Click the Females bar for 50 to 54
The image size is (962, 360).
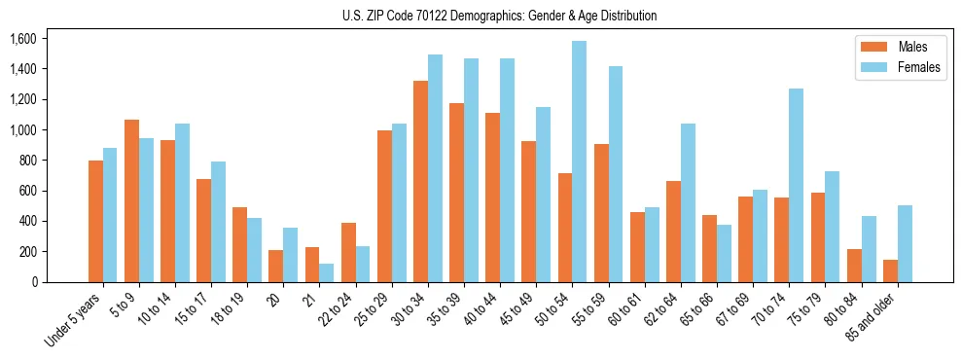coord(579,162)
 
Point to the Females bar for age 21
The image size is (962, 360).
coord(326,272)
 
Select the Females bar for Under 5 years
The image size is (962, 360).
coord(110,215)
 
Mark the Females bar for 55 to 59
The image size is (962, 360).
coord(615,174)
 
